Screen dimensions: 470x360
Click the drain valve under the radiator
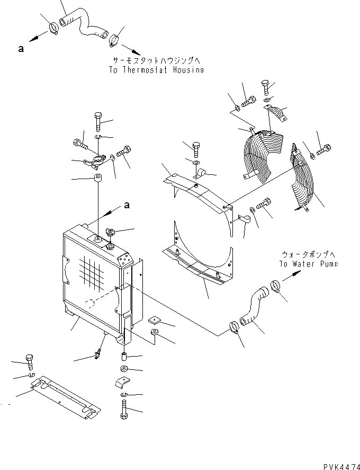pos(98,353)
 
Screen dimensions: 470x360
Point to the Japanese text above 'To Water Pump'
pos(308,254)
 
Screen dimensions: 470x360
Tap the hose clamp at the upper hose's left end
pos(53,27)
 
